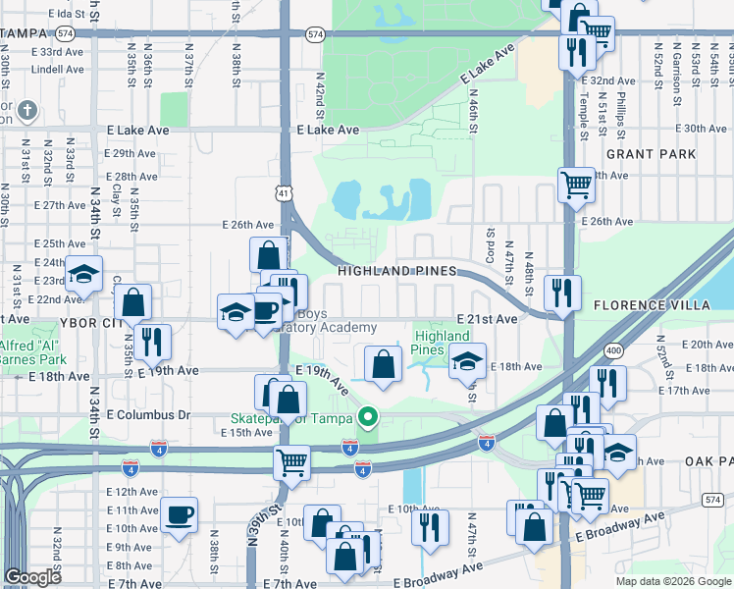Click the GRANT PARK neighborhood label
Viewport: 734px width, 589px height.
click(x=651, y=154)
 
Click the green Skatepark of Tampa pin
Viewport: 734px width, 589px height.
click(x=368, y=417)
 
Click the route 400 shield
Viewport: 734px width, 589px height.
click(x=613, y=349)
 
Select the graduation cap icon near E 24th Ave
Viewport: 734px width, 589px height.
click(x=84, y=274)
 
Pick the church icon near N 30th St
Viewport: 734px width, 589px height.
click(x=26, y=110)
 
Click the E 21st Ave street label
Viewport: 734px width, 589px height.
click(x=487, y=320)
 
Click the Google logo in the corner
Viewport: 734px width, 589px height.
click(x=32, y=578)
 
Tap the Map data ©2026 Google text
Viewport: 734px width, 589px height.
click(x=674, y=581)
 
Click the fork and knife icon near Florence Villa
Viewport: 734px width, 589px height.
click(x=562, y=290)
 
